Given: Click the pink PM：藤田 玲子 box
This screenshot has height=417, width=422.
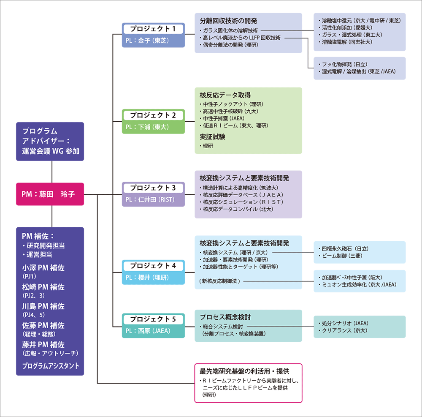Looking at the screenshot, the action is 50,194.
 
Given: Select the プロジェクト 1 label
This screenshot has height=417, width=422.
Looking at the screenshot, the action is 153,29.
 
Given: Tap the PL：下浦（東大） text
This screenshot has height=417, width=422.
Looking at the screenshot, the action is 147,127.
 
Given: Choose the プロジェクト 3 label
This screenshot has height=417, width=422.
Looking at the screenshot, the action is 153,188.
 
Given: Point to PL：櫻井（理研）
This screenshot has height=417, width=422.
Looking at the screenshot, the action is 147,278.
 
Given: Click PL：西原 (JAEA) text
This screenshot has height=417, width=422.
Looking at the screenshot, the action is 148,331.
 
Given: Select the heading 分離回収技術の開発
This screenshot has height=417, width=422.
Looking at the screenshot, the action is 228,21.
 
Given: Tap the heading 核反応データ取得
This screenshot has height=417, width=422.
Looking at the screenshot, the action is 225,95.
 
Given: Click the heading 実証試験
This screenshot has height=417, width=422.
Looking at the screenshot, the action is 212,137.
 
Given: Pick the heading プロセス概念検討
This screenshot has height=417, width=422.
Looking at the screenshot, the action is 225,317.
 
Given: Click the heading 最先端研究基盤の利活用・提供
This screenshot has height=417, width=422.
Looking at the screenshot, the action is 244,371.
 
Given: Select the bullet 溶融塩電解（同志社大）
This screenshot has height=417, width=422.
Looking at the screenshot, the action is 346,42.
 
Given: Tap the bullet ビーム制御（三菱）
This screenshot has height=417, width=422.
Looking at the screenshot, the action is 341,256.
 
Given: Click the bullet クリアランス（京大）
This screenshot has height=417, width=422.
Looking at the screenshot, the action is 343,330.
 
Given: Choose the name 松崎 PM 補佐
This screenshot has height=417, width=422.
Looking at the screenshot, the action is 43,287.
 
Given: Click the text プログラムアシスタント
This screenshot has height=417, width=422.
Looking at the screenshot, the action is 51,366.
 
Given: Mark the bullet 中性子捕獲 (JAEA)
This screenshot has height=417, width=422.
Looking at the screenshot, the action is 222,119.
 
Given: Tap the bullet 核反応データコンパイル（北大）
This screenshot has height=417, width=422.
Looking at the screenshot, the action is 237,209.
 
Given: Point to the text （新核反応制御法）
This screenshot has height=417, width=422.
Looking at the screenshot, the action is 219,281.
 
